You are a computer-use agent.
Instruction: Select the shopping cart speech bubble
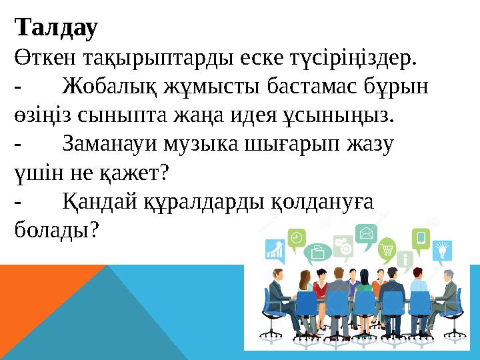[x=386, y=251]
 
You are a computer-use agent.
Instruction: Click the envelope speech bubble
[x=366, y=233]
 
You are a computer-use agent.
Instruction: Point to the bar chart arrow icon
[x=275, y=250]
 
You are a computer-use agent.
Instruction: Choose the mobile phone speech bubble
[x=421, y=237]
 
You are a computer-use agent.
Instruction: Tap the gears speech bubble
[x=342, y=245]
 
